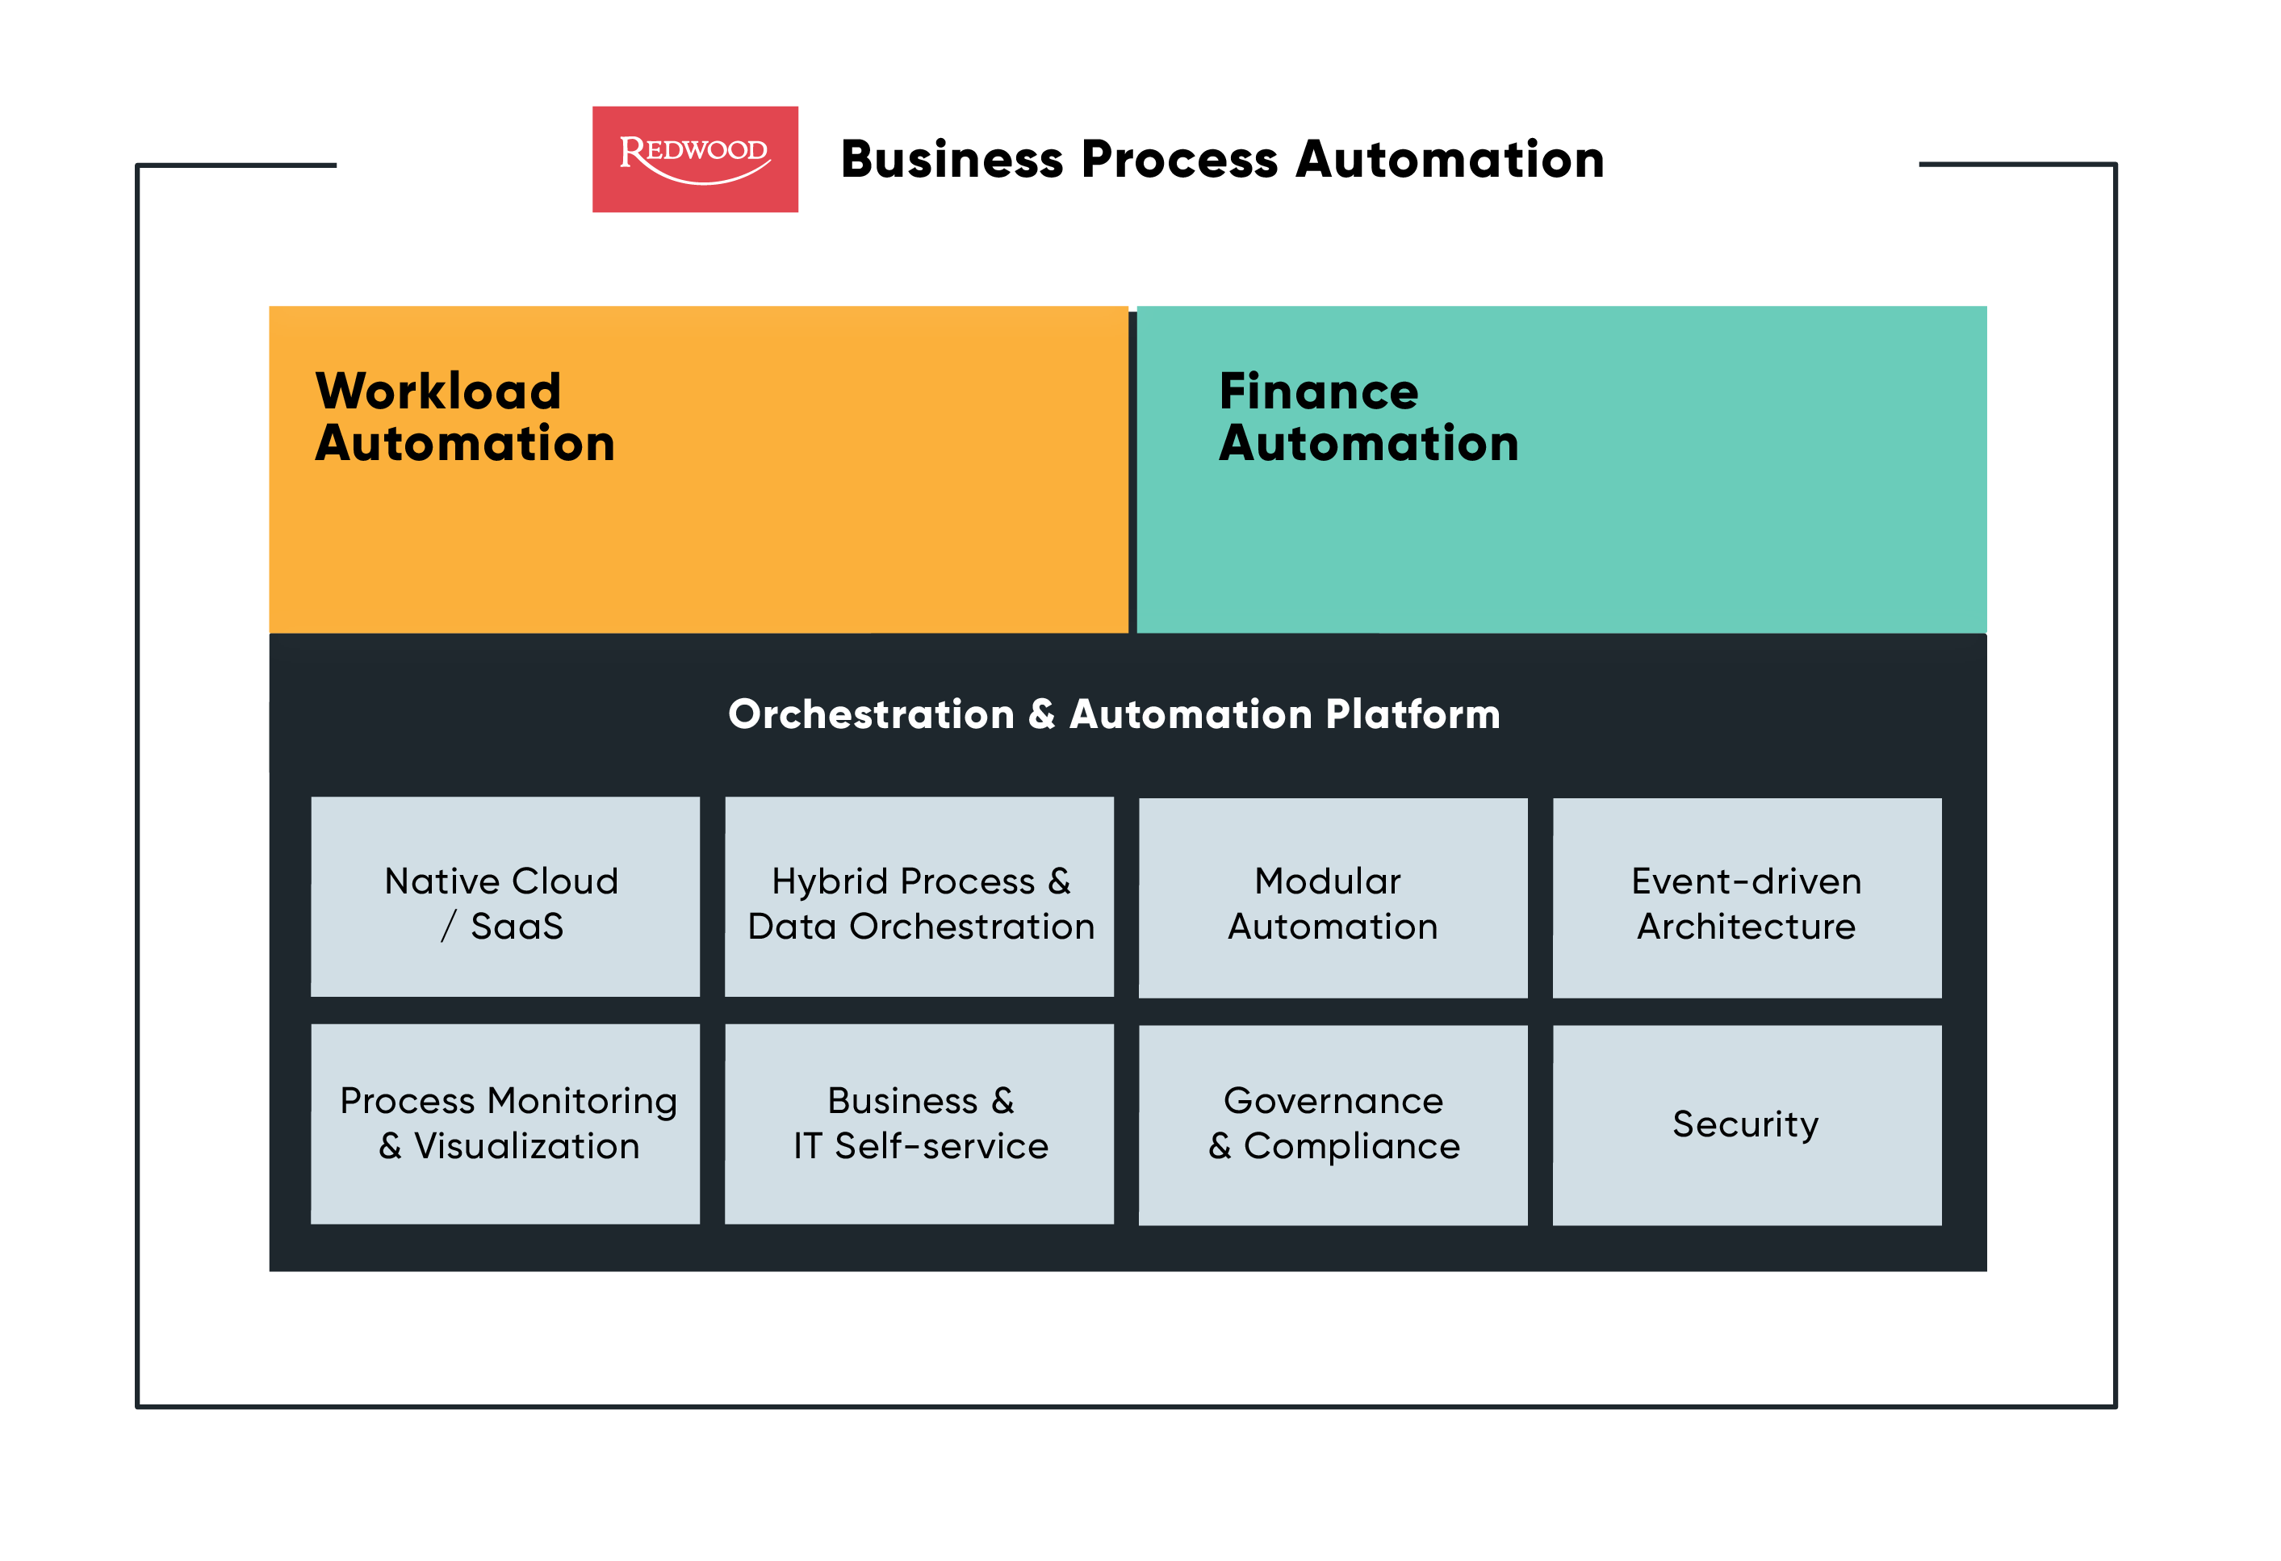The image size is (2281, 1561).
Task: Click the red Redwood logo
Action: [695, 159]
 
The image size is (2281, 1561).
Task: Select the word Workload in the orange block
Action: [437, 391]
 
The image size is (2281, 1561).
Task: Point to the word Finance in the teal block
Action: [1318, 391]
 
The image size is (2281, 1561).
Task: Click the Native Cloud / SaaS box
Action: [504, 897]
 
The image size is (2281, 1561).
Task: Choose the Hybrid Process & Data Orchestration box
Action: [919, 897]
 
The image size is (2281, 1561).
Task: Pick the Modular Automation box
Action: [1333, 898]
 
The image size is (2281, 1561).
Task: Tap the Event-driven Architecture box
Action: [1746, 898]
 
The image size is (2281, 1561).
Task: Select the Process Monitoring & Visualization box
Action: [504, 1124]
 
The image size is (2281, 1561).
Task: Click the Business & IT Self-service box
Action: [919, 1124]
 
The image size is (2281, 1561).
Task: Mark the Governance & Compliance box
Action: [1333, 1125]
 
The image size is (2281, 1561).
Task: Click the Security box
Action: [1746, 1125]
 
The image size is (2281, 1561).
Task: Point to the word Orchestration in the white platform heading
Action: [871, 715]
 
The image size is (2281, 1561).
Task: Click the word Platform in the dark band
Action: [1413, 715]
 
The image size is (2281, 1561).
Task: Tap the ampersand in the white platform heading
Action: [1041, 715]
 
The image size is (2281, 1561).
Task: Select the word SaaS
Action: [517, 927]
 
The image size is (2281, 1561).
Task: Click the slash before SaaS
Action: [449, 927]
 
